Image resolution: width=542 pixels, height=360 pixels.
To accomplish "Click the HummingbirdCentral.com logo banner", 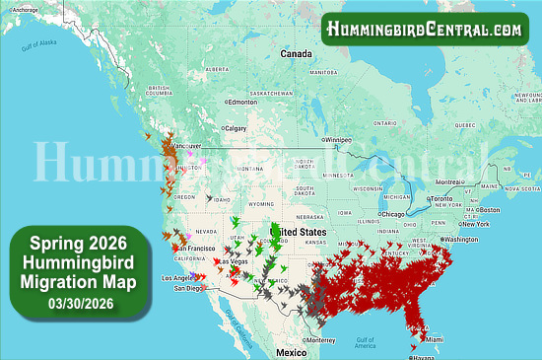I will tap(424, 30).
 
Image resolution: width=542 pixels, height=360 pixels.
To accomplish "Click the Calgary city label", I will tap(237, 128).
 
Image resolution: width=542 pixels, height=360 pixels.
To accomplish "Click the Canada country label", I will tap(296, 53).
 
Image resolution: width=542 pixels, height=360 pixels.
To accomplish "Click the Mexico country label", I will tap(292, 351).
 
